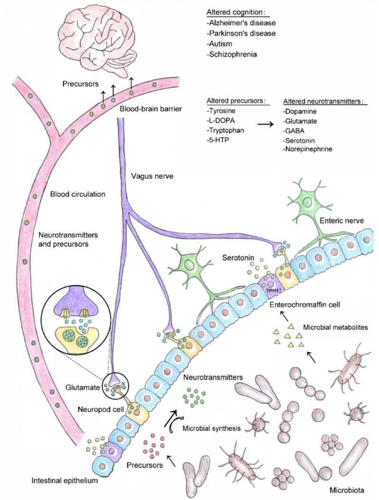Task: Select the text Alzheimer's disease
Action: (237, 23)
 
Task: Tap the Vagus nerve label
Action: (148, 175)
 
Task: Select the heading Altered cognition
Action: (237, 11)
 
